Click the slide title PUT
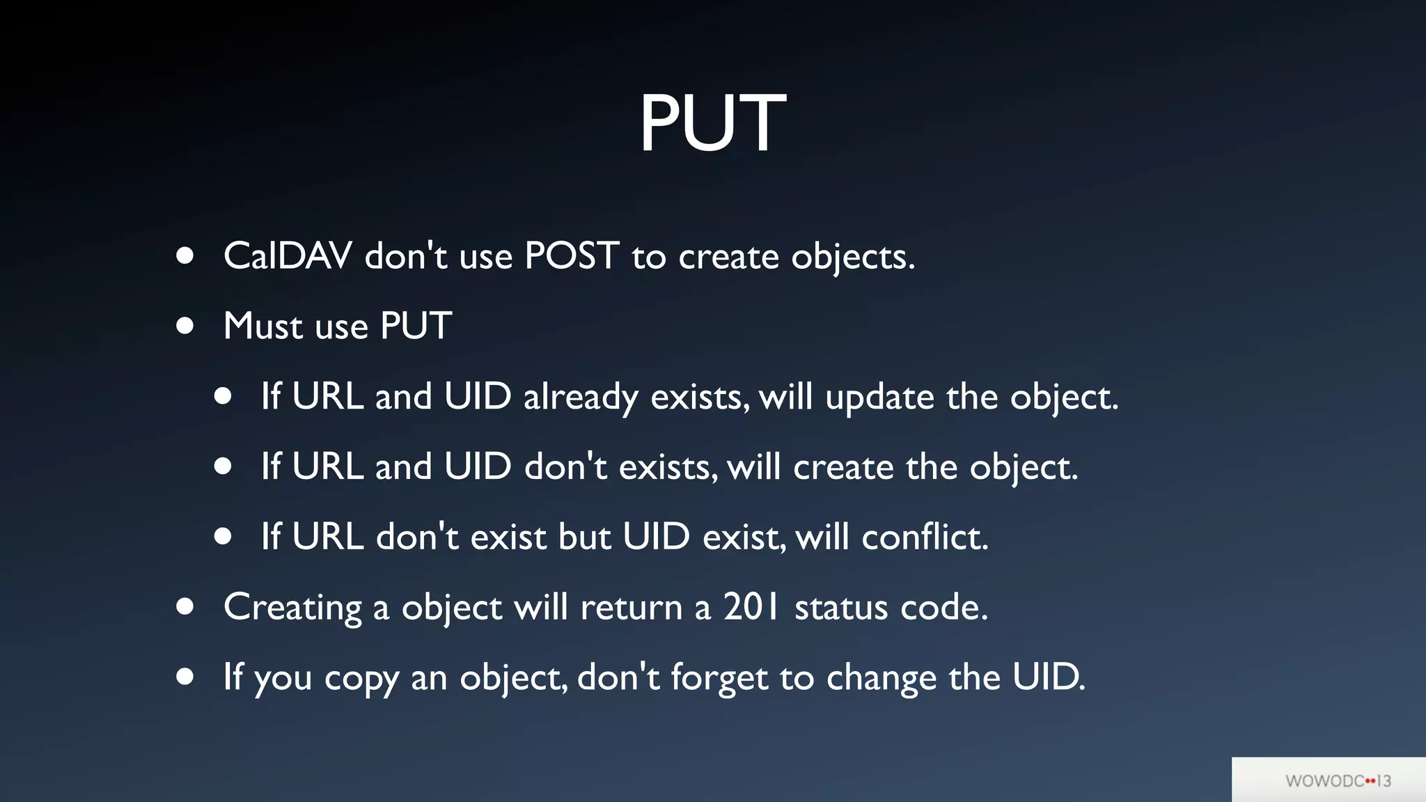(x=712, y=123)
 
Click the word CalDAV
(x=288, y=256)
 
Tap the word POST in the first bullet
(x=571, y=256)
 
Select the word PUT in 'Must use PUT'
(x=416, y=326)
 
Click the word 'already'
(x=580, y=398)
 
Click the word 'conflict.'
(x=925, y=537)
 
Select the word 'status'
(x=841, y=607)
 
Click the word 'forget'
(x=718, y=678)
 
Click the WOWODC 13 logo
(x=1338, y=780)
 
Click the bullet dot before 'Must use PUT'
(x=185, y=326)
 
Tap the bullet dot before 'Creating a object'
(x=185, y=606)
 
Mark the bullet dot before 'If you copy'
(x=185, y=676)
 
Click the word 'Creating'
(x=292, y=608)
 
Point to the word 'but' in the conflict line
(x=584, y=537)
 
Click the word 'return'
(x=631, y=608)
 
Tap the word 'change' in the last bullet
(x=881, y=678)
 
